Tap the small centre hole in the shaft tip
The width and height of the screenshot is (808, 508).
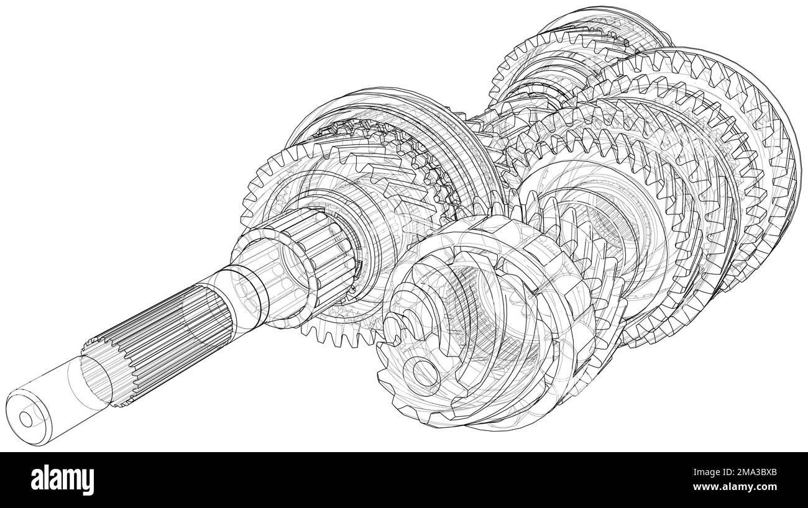pos(26,419)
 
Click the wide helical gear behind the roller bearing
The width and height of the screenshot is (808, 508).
pos(348,180)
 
